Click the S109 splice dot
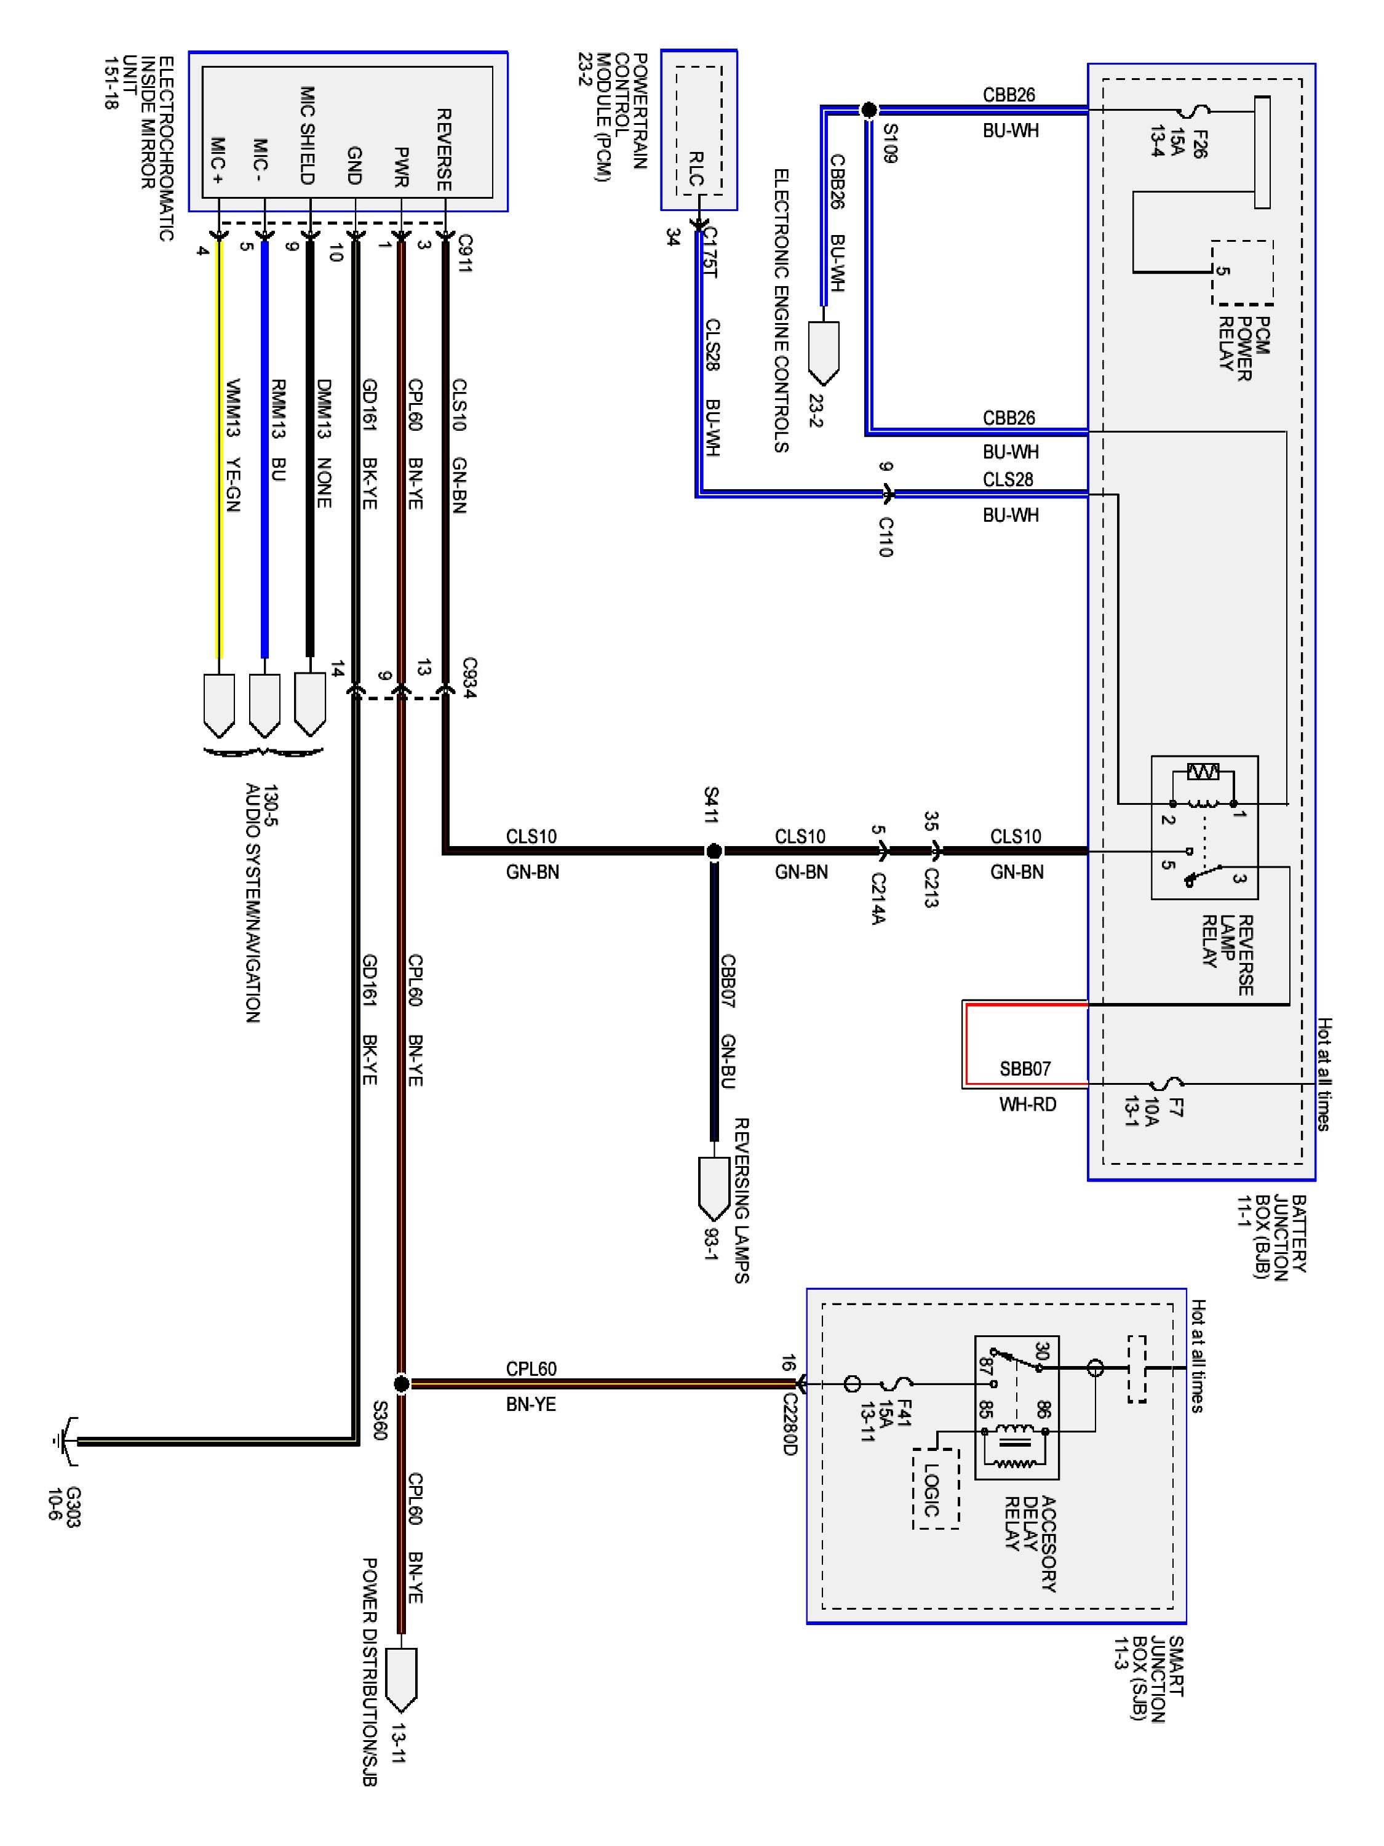pyautogui.click(x=869, y=110)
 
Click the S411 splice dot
pyautogui.click(x=714, y=851)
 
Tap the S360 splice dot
pyautogui.click(x=401, y=1384)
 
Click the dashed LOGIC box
pyautogui.click(x=935, y=1489)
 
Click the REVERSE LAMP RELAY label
pyautogui.click(x=1227, y=955)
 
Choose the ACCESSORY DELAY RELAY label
pyautogui.click(x=1031, y=1544)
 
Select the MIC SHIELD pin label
pyautogui.click(x=307, y=135)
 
